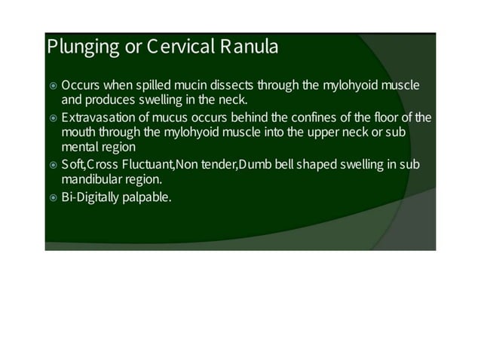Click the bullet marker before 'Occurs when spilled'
click(52, 86)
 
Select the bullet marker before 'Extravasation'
click(52, 118)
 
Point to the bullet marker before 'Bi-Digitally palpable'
click(52, 197)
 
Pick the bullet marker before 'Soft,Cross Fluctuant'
click(52, 165)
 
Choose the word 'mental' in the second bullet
click(80, 147)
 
